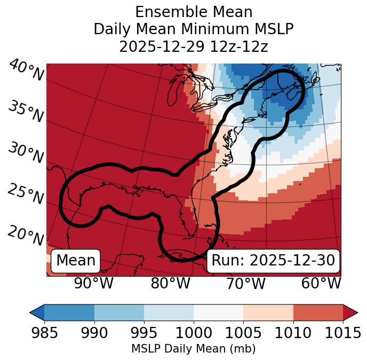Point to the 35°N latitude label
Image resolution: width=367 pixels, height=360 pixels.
pos(26,112)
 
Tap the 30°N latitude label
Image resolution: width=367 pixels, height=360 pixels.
pos(26,153)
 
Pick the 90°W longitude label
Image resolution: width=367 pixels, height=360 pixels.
pos(94,283)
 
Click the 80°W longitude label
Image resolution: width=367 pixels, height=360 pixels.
pos(170,283)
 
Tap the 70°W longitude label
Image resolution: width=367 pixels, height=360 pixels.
pos(246,283)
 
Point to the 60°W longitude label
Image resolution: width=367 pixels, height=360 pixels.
pos(321,283)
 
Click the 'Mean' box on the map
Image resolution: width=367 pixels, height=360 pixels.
pos(76,261)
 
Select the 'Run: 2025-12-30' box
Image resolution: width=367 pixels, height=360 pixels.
pos(273,261)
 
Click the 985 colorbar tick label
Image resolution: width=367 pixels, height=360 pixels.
pos(45,333)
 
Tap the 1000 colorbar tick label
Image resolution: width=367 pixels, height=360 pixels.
pos(194,333)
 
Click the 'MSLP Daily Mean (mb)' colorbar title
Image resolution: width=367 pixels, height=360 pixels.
pos(194,349)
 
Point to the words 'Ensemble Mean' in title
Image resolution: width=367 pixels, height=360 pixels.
pos(194,12)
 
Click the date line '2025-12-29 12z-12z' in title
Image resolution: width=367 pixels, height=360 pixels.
pos(194,46)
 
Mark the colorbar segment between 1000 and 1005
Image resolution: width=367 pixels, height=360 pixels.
pos(218,312)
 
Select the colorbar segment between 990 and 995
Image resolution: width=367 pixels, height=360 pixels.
pos(119,312)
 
